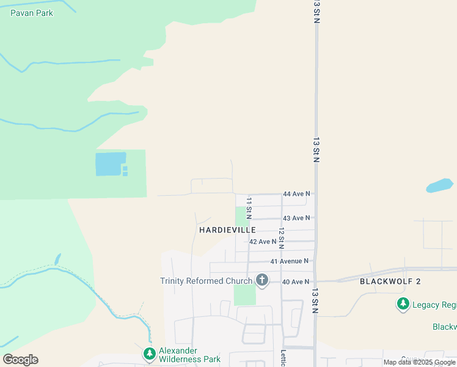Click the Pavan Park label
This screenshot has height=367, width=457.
(x=32, y=13)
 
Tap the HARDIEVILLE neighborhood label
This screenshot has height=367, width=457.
(x=227, y=229)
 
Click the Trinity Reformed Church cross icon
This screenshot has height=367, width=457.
(x=261, y=281)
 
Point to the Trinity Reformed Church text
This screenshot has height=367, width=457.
(x=207, y=281)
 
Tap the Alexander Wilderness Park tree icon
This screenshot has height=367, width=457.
(x=149, y=354)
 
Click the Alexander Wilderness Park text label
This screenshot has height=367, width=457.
(x=189, y=355)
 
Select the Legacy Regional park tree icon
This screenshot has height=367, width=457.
(x=403, y=304)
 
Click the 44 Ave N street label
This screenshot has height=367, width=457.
(x=296, y=194)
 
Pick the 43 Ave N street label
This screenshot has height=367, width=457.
(x=296, y=218)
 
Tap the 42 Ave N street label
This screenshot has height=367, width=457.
(x=263, y=242)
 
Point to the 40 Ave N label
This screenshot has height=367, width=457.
(x=296, y=281)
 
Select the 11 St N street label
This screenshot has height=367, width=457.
(x=249, y=208)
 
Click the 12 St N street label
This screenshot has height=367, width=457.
(x=281, y=239)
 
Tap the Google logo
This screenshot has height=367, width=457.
(x=21, y=360)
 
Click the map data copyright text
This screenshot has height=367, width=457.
(x=419, y=363)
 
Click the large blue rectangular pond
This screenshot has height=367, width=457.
(x=110, y=164)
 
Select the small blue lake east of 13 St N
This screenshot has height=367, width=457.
(x=439, y=185)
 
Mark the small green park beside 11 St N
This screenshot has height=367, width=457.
(x=241, y=216)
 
